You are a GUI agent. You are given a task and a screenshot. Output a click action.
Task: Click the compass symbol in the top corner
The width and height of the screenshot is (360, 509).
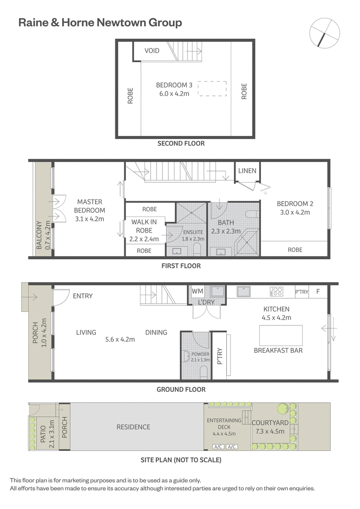[324, 33]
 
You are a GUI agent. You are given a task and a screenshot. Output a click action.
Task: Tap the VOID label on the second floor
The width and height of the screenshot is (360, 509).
[152, 51]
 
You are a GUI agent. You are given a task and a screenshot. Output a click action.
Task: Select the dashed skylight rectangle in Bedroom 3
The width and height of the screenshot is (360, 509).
[212, 89]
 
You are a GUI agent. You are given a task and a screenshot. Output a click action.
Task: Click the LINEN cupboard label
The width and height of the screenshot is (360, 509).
[247, 171]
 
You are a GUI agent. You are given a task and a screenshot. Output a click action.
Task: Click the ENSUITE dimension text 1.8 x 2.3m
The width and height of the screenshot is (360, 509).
[193, 239]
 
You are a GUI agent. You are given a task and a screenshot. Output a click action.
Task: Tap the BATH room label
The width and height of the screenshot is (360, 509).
[226, 223]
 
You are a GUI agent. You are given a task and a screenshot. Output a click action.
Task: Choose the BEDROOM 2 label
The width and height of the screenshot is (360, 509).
[295, 204]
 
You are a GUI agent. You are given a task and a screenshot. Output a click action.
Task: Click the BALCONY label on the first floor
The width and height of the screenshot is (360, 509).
[39, 235]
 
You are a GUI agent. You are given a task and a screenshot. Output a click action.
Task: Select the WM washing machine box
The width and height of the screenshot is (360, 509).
[198, 292]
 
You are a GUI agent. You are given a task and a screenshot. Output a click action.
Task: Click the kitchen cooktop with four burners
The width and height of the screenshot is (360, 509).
[276, 292]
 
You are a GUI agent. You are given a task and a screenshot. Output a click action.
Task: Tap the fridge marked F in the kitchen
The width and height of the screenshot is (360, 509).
[318, 292]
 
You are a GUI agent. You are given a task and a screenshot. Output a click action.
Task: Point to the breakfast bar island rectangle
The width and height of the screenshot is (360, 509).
[281, 335]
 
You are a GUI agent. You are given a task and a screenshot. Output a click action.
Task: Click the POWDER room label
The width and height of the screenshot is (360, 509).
[200, 354]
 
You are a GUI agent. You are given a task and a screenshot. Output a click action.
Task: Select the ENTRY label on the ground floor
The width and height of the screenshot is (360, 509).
[83, 296]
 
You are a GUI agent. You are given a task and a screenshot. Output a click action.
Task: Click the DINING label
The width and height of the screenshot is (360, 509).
[156, 333]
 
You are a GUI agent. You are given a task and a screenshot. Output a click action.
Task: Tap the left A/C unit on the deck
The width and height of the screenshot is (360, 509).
[218, 447]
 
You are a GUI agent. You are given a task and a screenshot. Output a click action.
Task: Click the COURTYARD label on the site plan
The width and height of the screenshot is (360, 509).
[270, 423]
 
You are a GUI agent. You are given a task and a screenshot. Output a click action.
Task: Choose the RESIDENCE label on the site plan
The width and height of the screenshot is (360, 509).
[133, 427]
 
